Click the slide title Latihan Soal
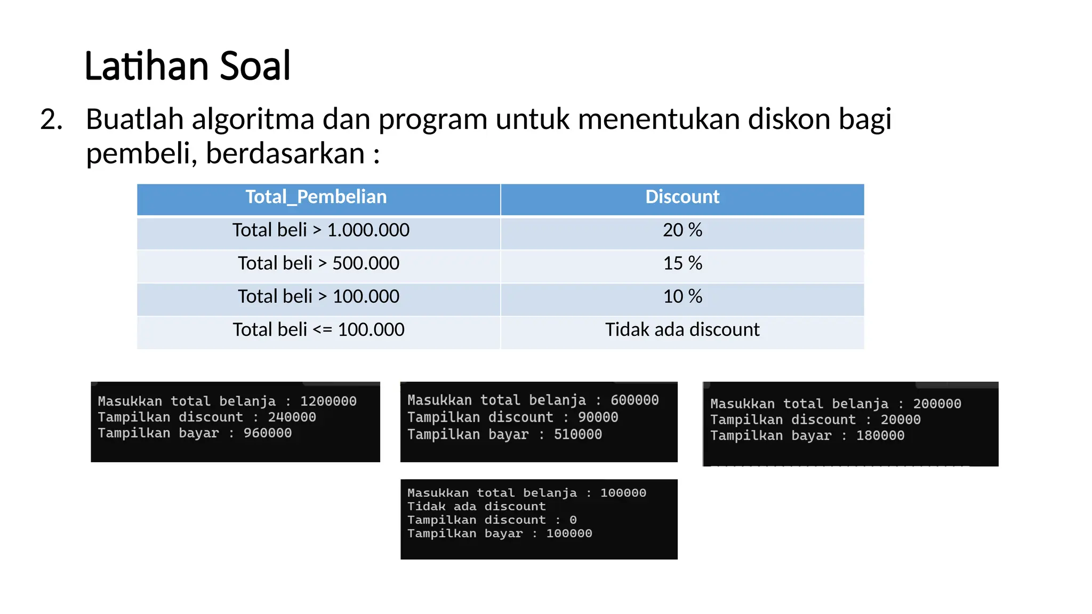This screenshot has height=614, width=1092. coord(187,66)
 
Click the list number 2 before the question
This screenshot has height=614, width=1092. coord(51,119)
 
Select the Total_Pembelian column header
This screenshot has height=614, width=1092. coord(316,197)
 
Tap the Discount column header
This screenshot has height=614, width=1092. coord(682,197)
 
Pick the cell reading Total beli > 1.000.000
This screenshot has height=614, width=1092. coord(320,230)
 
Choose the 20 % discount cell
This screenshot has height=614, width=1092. coord(682,230)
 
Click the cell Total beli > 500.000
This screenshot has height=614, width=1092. coord(318,263)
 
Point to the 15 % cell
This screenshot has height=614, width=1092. coord(682,263)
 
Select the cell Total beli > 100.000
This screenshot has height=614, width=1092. coord(318,296)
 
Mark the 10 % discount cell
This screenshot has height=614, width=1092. coord(682,296)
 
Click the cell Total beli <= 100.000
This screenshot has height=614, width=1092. coord(318,330)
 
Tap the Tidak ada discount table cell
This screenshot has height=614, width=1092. coord(682,330)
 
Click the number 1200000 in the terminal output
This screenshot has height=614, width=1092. coord(328,401)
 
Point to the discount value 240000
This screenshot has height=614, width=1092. coord(292,417)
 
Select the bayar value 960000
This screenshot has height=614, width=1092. coord(268,433)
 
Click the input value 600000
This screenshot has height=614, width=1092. coord(635,400)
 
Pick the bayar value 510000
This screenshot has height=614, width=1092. coord(578,435)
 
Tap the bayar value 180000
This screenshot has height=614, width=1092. coord(880,436)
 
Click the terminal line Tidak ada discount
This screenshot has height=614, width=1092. coord(477,506)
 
